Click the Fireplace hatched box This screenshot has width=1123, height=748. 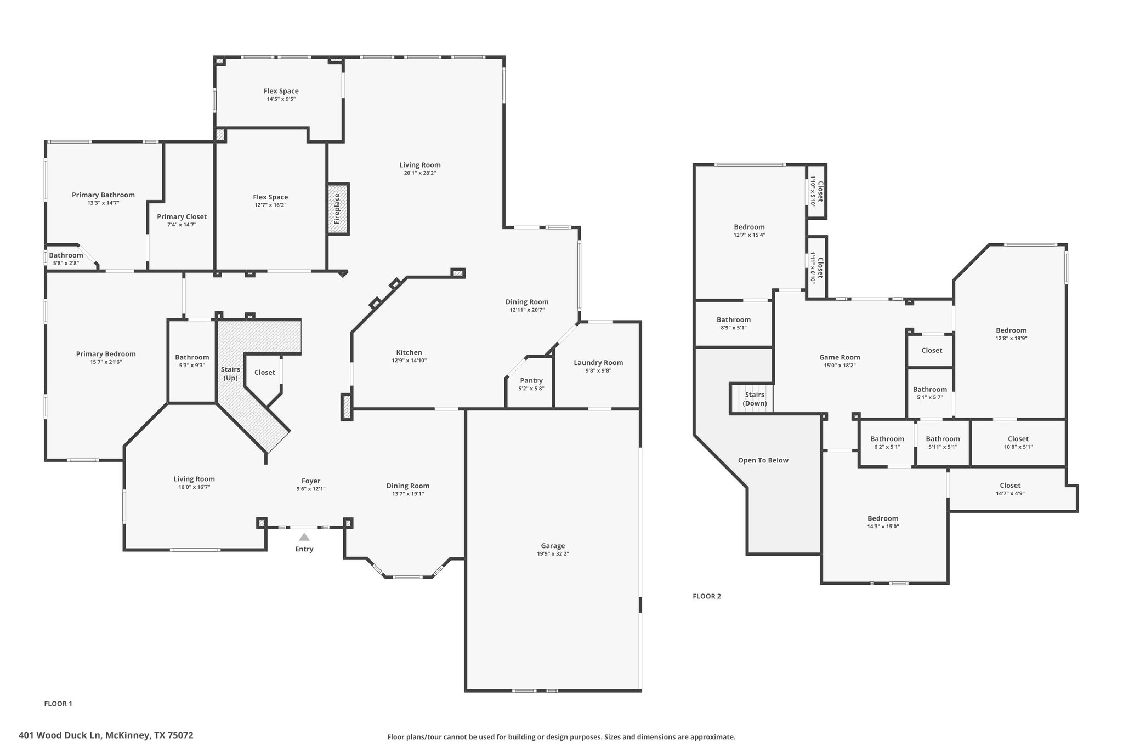tap(338, 209)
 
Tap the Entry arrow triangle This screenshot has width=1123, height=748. tap(304, 537)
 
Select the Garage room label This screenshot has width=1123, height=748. tap(553, 546)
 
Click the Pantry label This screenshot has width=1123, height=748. tap(531, 380)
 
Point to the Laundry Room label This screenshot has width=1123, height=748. tap(598, 362)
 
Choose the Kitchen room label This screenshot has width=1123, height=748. tap(409, 352)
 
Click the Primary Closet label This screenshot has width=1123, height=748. tap(182, 216)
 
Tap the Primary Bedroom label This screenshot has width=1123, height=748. tap(106, 354)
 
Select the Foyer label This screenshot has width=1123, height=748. tap(311, 481)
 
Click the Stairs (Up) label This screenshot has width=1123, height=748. tap(230, 374)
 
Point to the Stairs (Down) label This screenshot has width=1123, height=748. tap(755, 399)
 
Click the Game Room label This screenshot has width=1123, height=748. tap(840, 357)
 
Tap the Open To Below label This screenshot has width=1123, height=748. tap(763, 460)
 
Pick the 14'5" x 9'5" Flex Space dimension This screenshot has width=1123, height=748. tap(281, 99)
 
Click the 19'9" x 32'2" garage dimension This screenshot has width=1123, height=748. tap(553, 554)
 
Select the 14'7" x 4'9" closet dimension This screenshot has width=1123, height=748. tap(1010, 493)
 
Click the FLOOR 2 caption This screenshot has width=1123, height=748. tap(707, 596)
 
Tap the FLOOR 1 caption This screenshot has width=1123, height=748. tap(58, 704)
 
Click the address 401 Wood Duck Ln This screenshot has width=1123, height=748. tap(106, 735)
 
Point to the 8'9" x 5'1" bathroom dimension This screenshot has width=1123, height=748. tap(733, 328)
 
